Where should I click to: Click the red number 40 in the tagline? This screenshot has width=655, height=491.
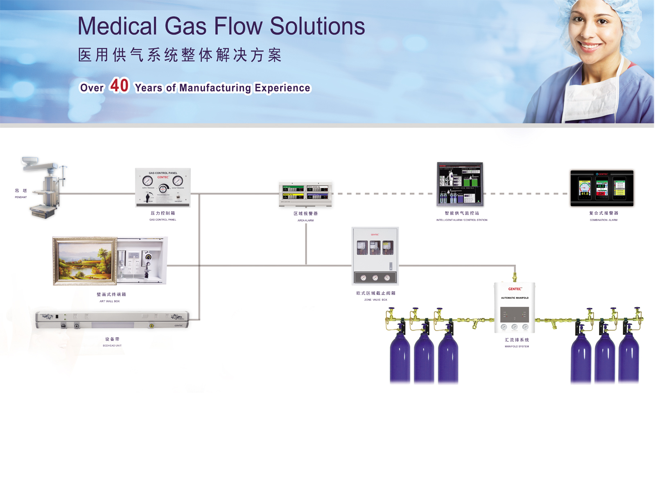pyautogui.click(x=119, y=86)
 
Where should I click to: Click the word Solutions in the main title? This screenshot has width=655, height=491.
pyautogui.click(x=317, y=26)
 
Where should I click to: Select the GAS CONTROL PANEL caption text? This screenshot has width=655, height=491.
pyautogui.click(x=163, y=220)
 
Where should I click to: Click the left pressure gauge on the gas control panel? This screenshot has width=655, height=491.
pyautogui.click(x=147, y=181)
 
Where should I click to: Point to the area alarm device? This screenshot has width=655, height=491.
pyautogui.click(x=305, y=194)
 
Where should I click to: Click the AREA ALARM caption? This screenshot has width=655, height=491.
pyautogui.click(x=305, y=221)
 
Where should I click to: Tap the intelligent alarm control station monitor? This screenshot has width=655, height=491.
pyautogui.click(x=460, y=184)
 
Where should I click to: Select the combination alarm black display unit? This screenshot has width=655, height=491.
pyautogui.click(x=602, y=188)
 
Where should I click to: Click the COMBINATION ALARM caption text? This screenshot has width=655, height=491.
pyautogui.click(x=603, y=220)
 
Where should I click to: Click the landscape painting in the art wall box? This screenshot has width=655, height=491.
pyautogui.click(x=85, y=261)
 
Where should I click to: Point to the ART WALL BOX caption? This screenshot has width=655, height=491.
pyautogui.click(x=110, y=301)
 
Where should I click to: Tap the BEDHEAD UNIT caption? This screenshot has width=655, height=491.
pyautogui.click(x=112, y=346)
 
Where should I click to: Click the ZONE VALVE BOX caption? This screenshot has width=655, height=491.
pyautogui.click(x=375, y=300)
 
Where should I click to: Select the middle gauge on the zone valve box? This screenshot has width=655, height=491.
pyautogui.click(x=375, y=278)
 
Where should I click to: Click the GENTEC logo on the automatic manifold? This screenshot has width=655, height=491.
pyautogui.click(x=515, y=289)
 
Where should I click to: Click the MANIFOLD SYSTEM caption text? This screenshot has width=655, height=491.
pyautogui.click(x=517, y=347)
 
